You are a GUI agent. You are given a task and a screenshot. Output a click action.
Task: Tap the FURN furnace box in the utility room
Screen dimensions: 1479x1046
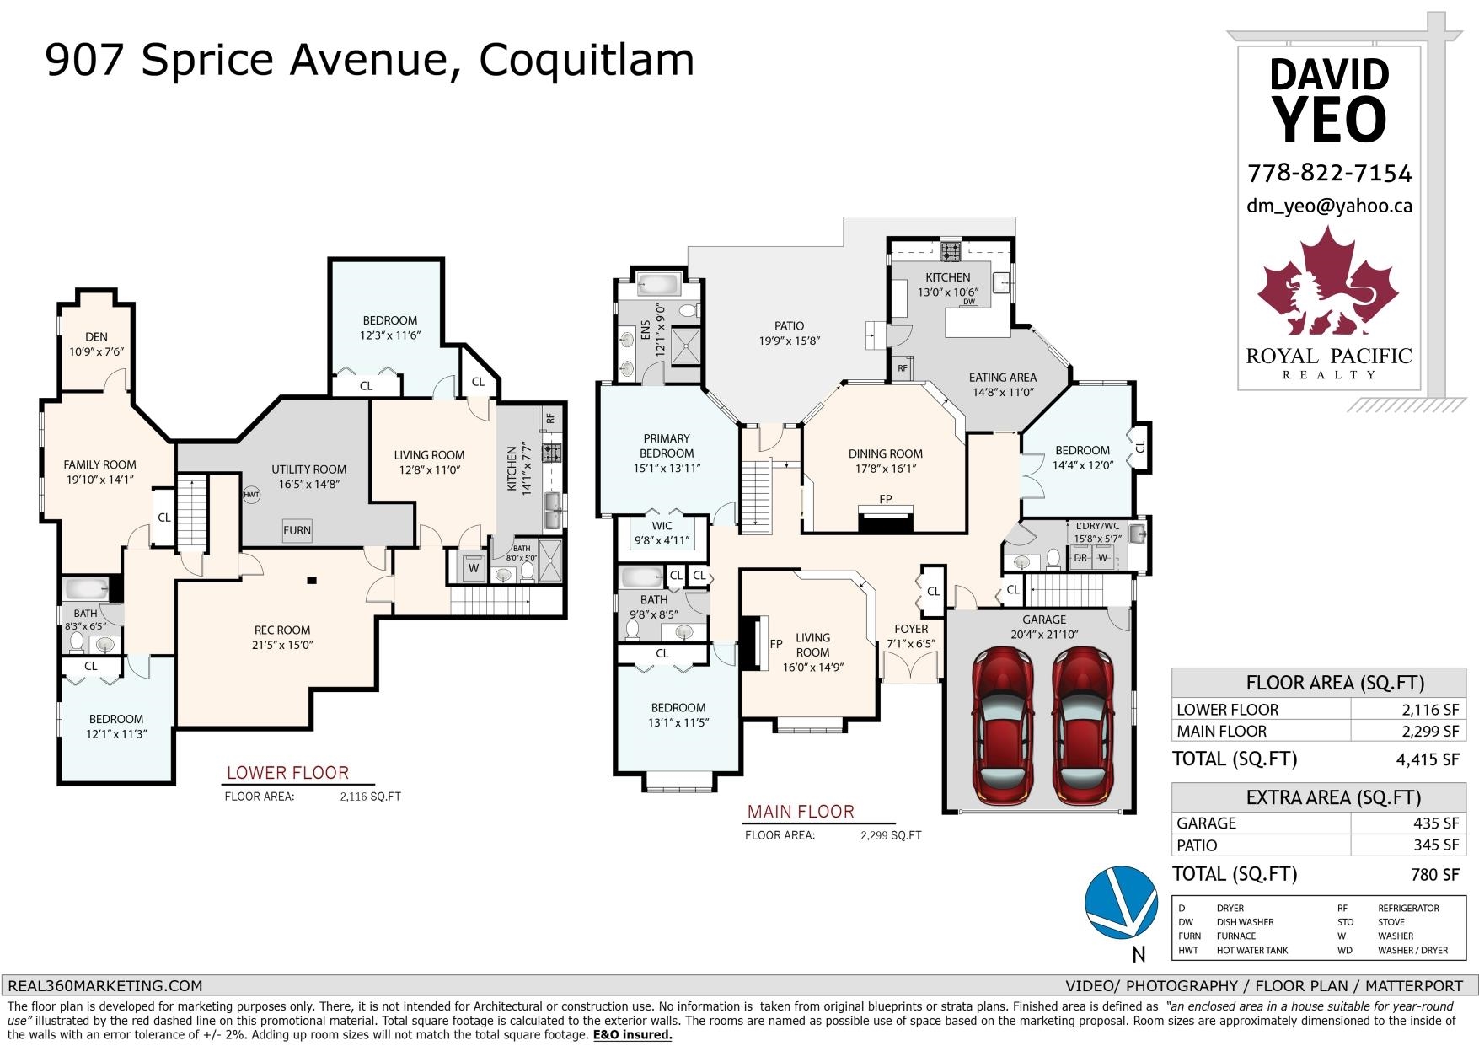click(297, 530)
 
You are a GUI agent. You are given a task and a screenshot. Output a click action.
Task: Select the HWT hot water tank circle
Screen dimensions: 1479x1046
click(252, 495)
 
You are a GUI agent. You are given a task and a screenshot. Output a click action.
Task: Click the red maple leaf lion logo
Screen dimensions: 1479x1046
click(1328, 287)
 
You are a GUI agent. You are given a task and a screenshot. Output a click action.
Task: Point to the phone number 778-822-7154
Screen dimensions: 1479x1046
click(1329, 174)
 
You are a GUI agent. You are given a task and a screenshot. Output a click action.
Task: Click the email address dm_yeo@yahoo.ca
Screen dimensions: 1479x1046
click(1329, 207)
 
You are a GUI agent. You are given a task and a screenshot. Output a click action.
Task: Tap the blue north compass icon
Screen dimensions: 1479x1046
click(1120, 903)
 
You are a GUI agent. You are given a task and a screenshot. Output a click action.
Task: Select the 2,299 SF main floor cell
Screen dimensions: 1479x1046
click(1406, 732)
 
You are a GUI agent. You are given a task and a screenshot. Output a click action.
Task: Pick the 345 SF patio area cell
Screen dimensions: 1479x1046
click(1406, 845)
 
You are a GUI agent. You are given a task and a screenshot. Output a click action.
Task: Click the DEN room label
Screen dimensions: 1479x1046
click(96, 337)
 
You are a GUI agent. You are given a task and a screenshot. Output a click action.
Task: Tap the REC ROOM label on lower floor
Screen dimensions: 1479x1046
click(282, 630)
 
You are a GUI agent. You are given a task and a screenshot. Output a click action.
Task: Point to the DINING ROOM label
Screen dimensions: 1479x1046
click(886, 453)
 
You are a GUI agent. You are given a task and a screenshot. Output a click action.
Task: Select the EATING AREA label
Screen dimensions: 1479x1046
click(1003, 378)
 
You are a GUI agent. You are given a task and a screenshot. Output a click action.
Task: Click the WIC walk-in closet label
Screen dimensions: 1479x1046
click(662, 526)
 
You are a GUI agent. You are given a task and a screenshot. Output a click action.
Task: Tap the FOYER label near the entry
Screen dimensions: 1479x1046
click(911, 629)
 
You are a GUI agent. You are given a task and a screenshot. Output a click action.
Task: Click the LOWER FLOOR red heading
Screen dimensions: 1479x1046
click(287, 773)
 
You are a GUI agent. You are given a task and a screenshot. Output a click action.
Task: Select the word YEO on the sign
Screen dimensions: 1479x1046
click(1329, 119)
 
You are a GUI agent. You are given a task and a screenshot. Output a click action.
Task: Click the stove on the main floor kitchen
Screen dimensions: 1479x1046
click(951, 250)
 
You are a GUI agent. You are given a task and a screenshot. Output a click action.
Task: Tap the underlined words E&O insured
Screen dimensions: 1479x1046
click(632, 1034)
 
